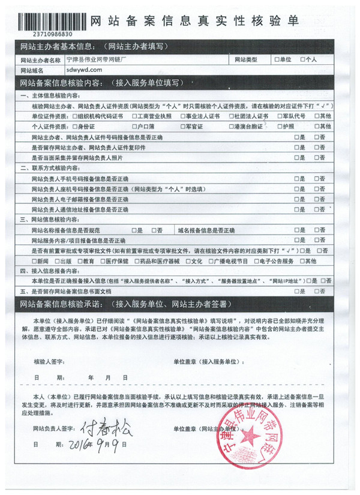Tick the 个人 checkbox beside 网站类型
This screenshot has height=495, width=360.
[303, 60]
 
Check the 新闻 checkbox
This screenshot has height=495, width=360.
[33, 261]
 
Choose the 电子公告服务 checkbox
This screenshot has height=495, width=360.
[258, 261]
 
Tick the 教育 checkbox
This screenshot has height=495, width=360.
[79, 261]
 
